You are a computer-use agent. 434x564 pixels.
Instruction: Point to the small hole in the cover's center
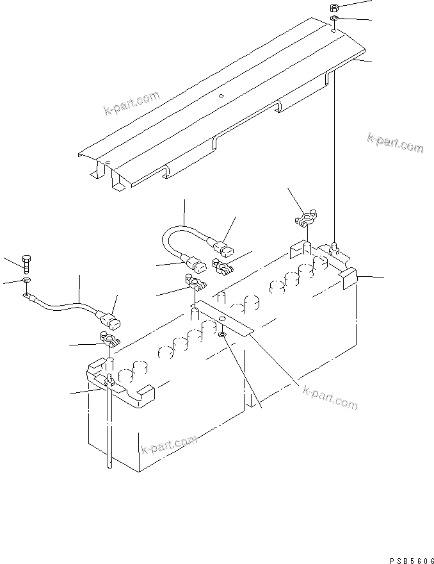pyautogui.click(x=220, y=97)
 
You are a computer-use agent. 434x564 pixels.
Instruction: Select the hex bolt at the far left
pyautogui.click(x=26, y=261)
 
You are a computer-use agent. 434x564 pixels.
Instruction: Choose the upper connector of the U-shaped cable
pyautogui.click(x=221, y=246)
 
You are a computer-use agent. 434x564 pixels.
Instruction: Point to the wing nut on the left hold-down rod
pyautogui.click(x=109, y=381)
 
